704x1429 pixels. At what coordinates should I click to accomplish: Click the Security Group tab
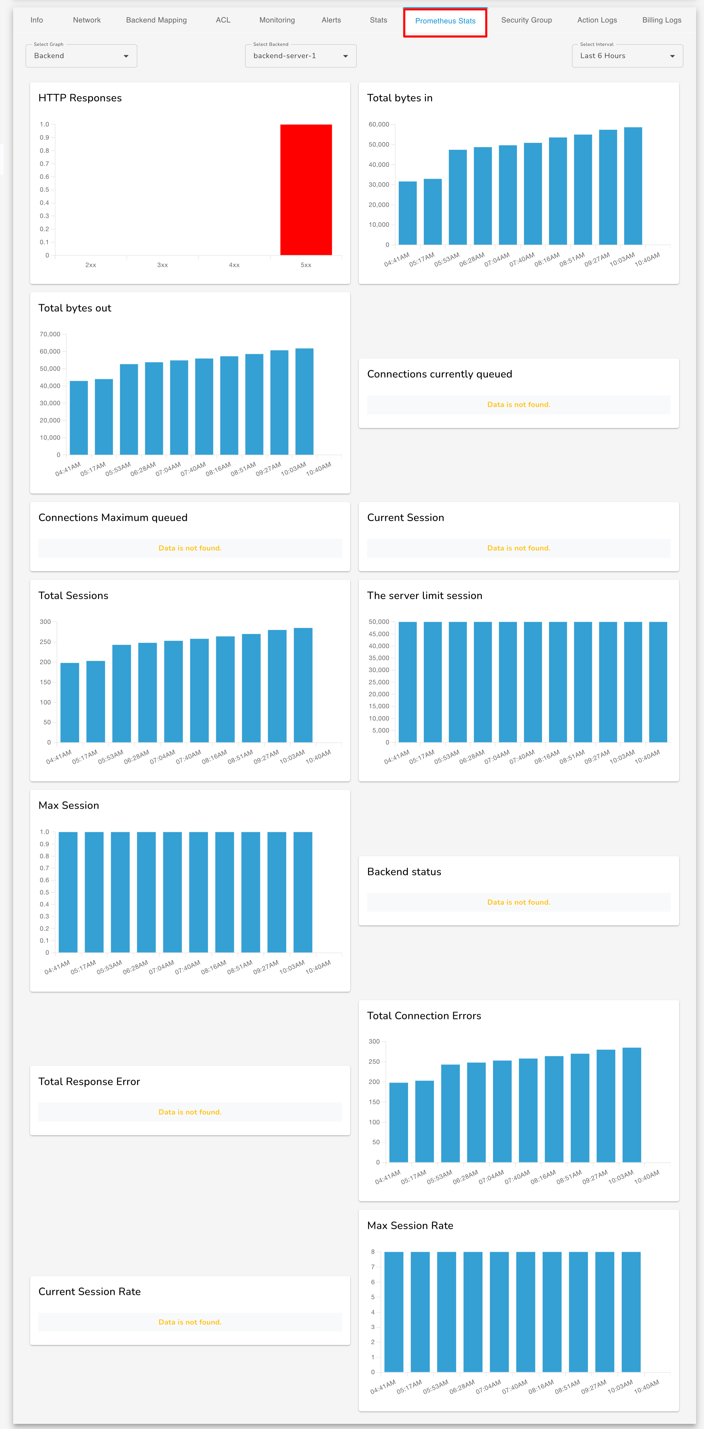tap(526, 20)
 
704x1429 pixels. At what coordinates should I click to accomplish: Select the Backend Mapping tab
tap(156, 20)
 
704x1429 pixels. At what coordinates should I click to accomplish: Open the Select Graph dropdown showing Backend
tap(81, 56)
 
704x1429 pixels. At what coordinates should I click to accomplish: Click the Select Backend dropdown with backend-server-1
tap(300, 56)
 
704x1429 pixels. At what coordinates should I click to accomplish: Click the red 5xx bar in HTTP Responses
tap(306, 190)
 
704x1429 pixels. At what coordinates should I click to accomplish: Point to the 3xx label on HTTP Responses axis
tap(162, 265)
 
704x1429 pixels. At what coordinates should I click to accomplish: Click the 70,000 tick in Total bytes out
tap(50, 334)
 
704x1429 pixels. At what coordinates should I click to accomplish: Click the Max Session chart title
tap(69, 805)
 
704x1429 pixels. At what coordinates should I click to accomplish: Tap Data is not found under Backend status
tap(518, 902)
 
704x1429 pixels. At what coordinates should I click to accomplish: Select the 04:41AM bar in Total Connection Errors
tap(399, 1122)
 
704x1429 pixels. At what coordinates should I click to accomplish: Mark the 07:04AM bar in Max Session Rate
tap(499, 1312)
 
